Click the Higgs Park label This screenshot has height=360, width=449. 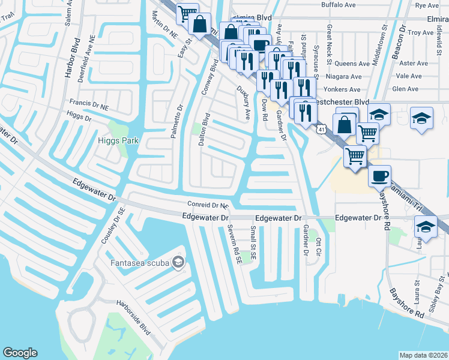click(118, 140)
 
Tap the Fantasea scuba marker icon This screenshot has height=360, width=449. click(178, 262)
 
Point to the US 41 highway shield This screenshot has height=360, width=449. click(322, 129)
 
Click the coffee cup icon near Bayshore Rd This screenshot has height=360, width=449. click(379, 176)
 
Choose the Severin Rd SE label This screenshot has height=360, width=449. click(234, 244)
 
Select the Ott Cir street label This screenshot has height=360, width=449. click(319, 248)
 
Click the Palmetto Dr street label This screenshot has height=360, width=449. click(177, 121)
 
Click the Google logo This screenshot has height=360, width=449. click(20, 353)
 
